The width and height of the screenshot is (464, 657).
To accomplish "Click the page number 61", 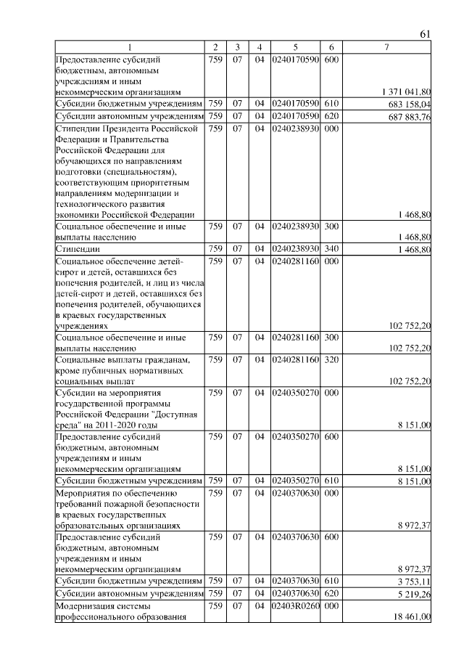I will tap(426, 34).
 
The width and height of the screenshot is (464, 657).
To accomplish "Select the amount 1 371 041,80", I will tap(406, 92).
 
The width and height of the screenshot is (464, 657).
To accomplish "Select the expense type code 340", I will tap(331, 250).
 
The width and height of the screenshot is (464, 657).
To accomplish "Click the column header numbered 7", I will tap(387, 47).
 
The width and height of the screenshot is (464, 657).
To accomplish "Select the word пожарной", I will tap(128, 502).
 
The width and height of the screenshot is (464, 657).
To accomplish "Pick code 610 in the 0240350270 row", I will tap(331, 480).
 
